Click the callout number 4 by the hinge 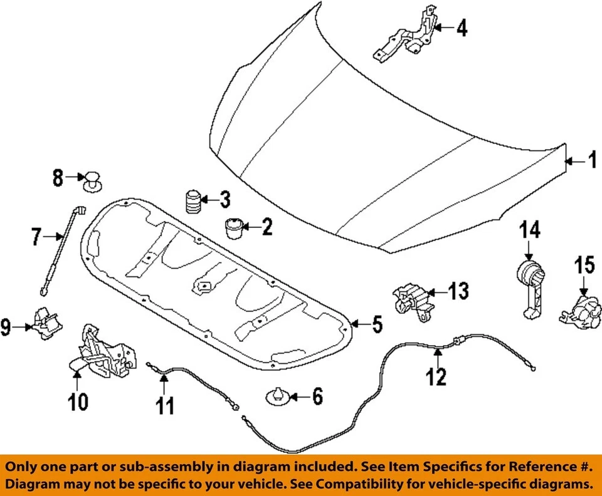[462, 28]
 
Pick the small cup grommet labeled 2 [233, 228]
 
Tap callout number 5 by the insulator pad [378, 324]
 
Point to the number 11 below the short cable [165, 406]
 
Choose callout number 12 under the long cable [436, 376]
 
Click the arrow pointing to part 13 [436, 292]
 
